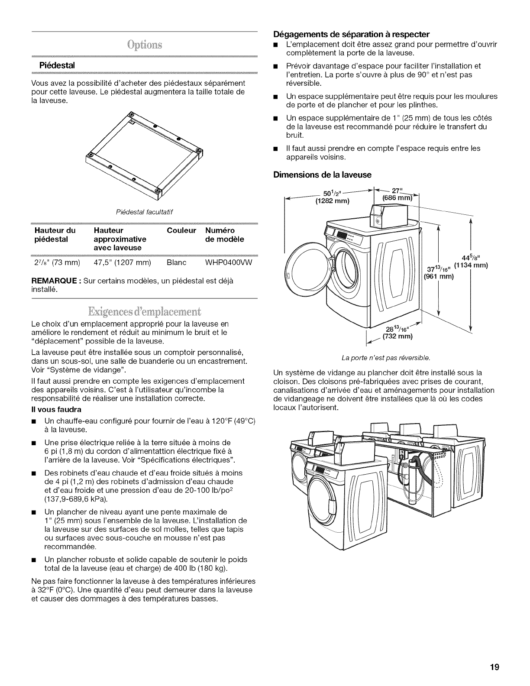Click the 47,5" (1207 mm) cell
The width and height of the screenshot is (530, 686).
[122, 263]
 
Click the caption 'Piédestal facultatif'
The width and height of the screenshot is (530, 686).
[142, 211]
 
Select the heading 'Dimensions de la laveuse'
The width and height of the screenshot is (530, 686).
[323, 175]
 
